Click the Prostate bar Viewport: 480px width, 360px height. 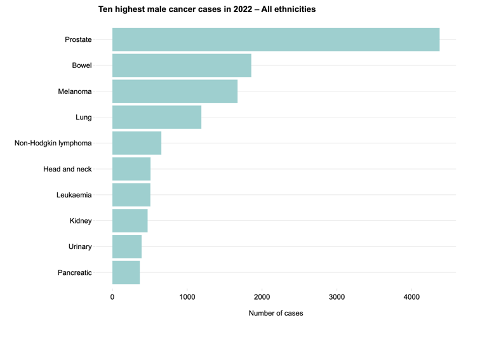point(276,39)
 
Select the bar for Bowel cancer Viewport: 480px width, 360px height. point(182,65)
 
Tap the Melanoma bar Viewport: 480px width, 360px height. point(175,91)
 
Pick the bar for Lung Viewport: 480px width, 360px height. point(157,117)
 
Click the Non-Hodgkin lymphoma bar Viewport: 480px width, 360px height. point(137,143)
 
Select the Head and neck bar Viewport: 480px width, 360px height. point(131,169)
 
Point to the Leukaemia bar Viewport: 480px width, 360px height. point(131,195)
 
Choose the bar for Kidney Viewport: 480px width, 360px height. point(130,221)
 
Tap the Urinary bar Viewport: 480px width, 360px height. point(127,246)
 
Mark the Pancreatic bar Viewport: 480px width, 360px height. point(126,272)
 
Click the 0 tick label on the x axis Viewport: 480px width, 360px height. point(112,297)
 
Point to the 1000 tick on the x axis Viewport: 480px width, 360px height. point(187,297)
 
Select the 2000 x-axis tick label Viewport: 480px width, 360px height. point(262,297)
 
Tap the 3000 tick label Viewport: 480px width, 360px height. point(337,297)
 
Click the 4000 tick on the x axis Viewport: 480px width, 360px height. point(411,297)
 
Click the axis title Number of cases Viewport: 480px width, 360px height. point(276,313)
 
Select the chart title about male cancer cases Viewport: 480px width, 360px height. point(207,10)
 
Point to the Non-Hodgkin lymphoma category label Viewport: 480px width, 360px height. point(53,143)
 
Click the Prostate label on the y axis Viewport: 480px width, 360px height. point(78,40)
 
